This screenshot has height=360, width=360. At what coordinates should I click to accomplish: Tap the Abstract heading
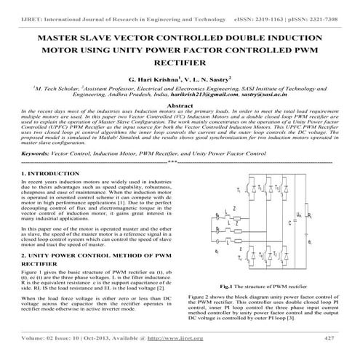pyautogui.click(x=180, y=105)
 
